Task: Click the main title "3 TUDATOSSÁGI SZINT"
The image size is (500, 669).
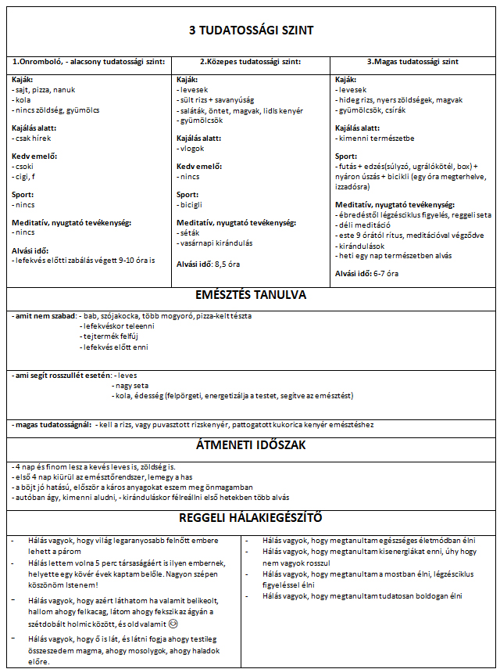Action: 251,31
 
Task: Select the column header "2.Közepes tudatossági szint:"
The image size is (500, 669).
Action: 250,61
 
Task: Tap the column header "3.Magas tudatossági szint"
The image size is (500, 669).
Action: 412,61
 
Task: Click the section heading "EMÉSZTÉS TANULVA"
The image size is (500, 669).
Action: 251,296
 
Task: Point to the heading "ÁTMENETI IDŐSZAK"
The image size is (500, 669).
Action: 251,446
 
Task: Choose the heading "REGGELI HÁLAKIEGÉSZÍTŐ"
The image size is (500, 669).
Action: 251,518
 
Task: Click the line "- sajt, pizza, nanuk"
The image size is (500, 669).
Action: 44,90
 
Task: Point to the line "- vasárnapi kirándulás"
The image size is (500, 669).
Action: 213,243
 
